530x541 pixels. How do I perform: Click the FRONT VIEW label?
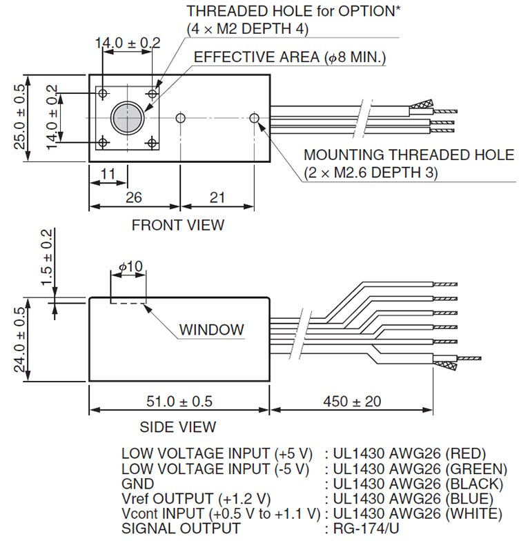(177, 224)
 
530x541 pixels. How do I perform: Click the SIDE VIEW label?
(177, 427)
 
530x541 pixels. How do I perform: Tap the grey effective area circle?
(127, 117)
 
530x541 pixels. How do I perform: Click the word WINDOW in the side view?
(212, 329)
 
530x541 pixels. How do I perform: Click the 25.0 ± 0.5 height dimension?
(20, 117)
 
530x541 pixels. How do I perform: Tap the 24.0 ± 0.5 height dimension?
(20, 340)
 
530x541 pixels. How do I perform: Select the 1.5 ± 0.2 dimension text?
(47, 256)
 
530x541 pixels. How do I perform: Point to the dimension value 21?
(217, 197)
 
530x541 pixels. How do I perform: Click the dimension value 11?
(107, 175)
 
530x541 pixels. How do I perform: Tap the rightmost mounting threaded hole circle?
(255, 118)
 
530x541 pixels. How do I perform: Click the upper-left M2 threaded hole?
(103, 92)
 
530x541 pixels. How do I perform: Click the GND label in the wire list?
(137, 484)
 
